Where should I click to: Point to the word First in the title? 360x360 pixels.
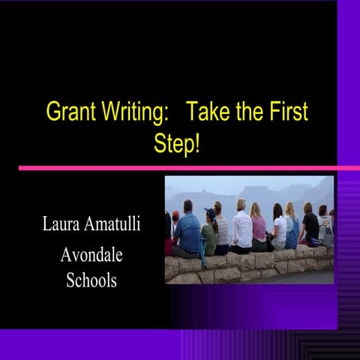click(x=286, y=113)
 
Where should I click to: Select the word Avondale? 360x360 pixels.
click(x=91, y=256)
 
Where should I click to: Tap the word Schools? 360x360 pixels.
click(x=91, y=281)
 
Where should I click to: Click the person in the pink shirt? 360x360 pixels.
click(x=259, y=229)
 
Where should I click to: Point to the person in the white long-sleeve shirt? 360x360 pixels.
click(x=241, y=229)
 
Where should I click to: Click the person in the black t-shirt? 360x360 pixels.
click(x=310, y=227)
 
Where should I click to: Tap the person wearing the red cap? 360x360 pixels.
click(x=174, y=225)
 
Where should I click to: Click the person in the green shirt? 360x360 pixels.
click(x=209, y=236)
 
